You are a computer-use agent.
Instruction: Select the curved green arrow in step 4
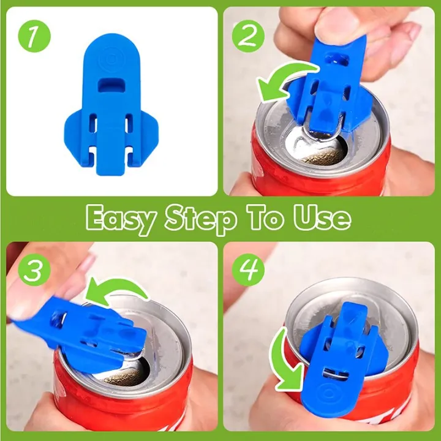[287, 361]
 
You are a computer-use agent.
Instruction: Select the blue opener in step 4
[340, 361]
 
